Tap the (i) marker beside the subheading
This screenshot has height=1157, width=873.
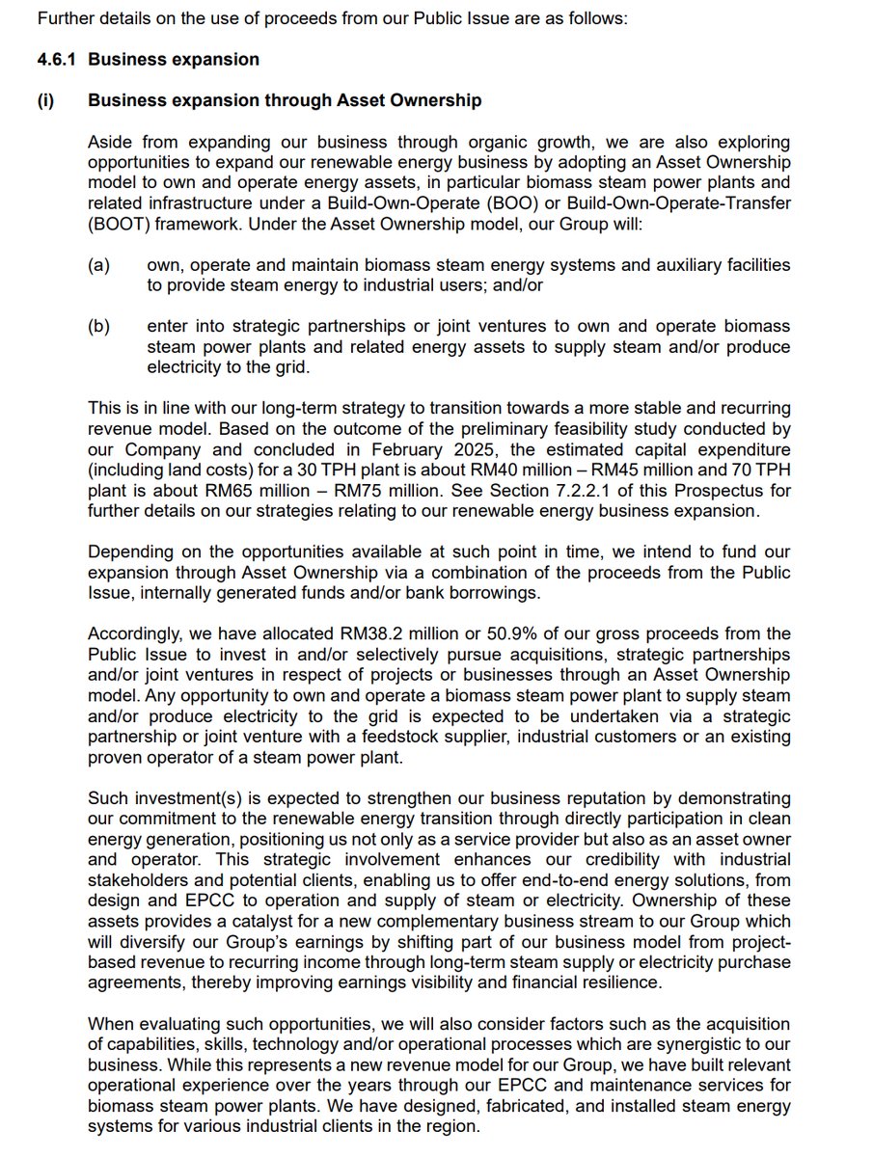pos(45,100)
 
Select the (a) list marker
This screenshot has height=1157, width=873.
pos(98,264)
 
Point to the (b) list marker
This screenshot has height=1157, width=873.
pos(98,326)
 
